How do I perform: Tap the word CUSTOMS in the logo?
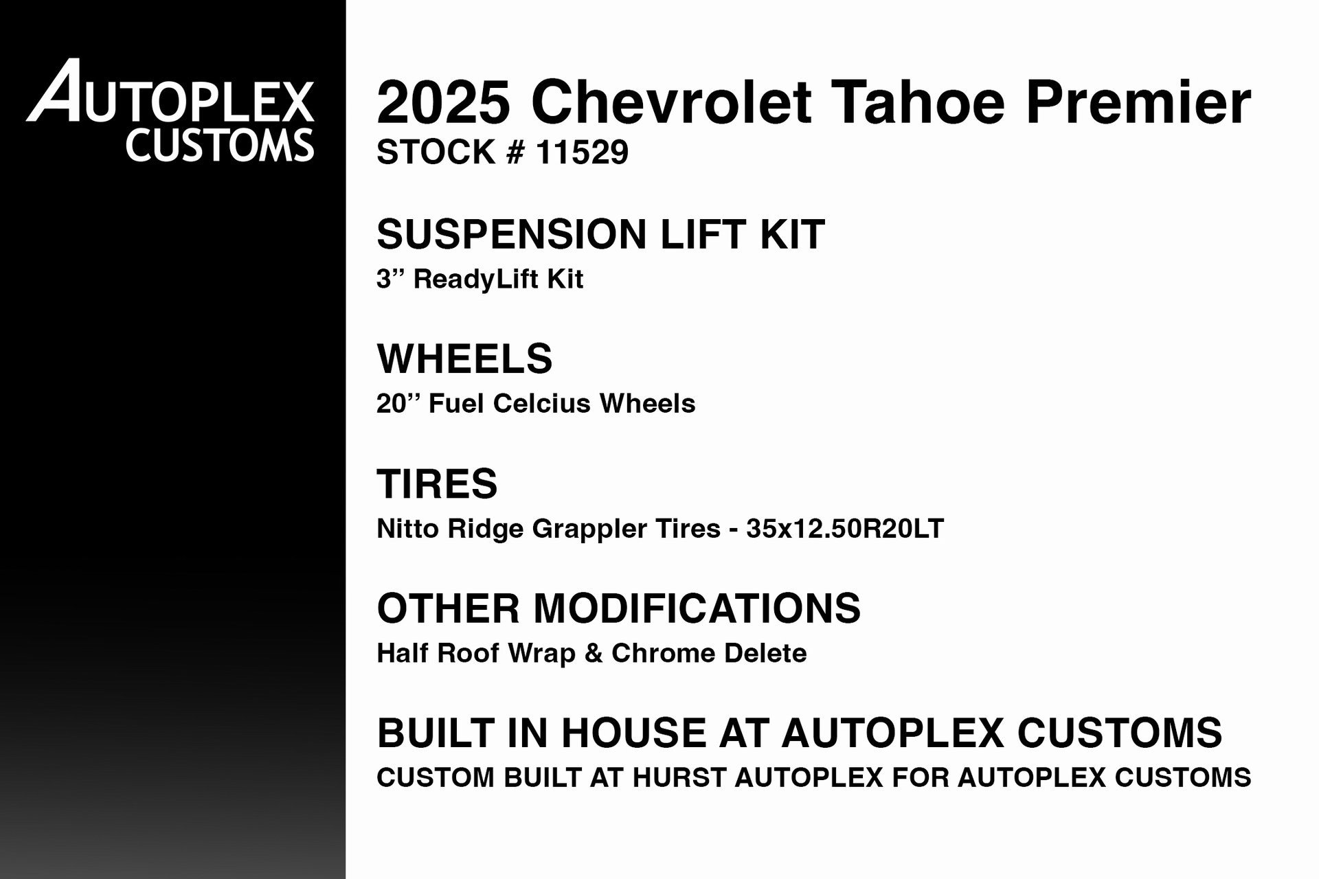pos(220,145)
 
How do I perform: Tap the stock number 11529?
pos(582,152)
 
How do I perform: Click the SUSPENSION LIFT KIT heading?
pos(600,234)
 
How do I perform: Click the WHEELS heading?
pos(464,358)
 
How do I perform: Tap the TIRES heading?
pos(437,483)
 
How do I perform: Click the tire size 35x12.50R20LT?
pos(845,529)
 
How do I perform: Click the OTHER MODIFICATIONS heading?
pos(618,608)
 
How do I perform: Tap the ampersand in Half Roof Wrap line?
pos(593,653)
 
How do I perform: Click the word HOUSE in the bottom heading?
pos(633,733)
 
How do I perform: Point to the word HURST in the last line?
pos(679,777)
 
